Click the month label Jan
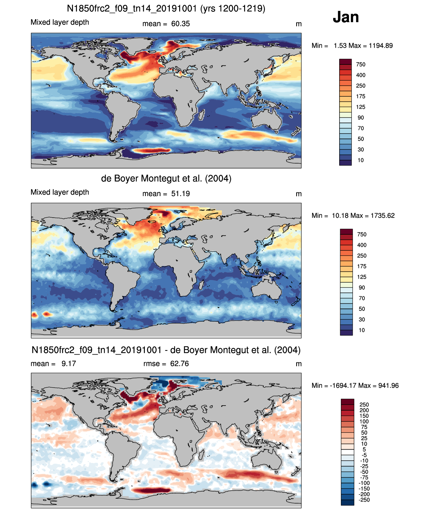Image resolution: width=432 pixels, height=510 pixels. pos(346,17)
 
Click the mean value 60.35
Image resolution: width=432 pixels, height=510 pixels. pos(181,24)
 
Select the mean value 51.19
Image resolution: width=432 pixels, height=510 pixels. pos(181,194)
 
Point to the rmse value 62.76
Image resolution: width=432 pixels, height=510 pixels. pos(180,364)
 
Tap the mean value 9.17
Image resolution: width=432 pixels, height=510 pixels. pos(69,364)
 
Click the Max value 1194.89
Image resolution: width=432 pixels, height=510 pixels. pos(381,46)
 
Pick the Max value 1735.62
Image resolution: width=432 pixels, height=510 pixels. pos(383,216)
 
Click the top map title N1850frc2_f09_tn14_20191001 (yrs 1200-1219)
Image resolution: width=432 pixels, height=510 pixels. pos(166,8)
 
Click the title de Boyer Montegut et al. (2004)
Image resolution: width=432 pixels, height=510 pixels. pos(166,178)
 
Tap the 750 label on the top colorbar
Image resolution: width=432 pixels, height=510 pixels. pos(361,64)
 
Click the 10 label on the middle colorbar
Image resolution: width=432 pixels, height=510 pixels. pos(362,330)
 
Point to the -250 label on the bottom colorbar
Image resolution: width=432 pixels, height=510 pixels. pos(364,500)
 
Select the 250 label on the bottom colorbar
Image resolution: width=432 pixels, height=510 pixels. pos(364,405)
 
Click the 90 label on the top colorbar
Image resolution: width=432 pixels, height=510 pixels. pos(361,118)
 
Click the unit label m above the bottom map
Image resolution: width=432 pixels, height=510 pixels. pos(299,364)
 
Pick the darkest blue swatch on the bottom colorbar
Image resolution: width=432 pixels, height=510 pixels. pos(347,503)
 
